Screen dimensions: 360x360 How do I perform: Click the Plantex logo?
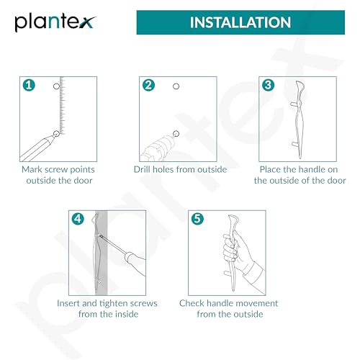[55, 22]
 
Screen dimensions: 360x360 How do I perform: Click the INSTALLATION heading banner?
[240, 22]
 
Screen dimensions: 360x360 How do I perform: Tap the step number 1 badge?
[29, 85]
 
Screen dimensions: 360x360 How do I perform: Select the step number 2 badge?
[148, 85]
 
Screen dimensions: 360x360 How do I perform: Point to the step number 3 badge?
[268, 85]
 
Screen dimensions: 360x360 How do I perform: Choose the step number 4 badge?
[78, 219]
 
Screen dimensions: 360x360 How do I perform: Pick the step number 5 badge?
[197, 219]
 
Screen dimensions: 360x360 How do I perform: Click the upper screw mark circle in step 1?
[56, 86]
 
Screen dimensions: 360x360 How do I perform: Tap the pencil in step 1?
[37, 148]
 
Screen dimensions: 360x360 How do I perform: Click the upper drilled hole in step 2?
[176, 86]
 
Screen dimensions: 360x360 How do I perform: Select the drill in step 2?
[157, 148]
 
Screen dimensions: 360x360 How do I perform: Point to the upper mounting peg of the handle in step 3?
[294, 104]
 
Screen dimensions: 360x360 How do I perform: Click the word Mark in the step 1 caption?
[32, 170]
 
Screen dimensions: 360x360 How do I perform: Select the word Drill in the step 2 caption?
[142, 170]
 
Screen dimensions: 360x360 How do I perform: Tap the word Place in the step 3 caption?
[270, 170]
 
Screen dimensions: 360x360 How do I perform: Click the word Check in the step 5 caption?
[192, 303]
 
